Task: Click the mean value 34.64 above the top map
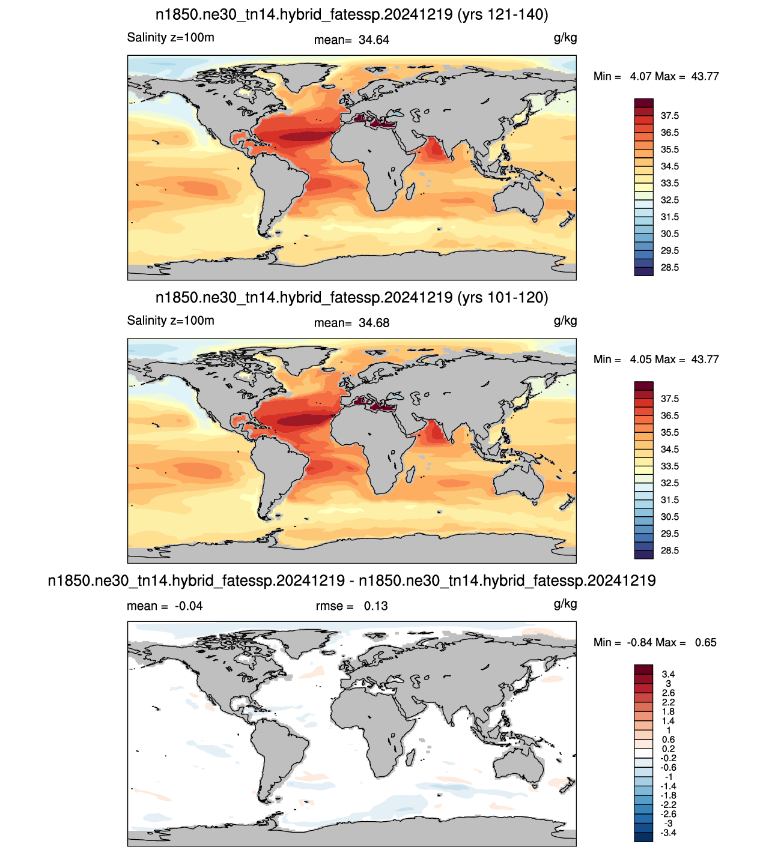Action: (374, 40)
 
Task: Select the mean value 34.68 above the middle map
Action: (374, 323)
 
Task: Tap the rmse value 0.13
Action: (375, 606)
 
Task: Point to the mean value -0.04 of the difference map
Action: (188, 606)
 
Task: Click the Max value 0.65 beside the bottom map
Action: (705, 642)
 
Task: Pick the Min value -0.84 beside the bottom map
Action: (640, 642)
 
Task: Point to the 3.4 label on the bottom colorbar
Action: (668, 674)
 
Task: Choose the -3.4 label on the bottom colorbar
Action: (668, 833)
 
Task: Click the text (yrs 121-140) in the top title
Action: (503, 15)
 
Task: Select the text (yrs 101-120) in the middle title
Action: (503, 298)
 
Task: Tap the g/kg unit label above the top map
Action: (565, 38)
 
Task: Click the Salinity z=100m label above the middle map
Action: (171, 321)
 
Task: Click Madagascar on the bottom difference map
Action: (410, 758)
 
